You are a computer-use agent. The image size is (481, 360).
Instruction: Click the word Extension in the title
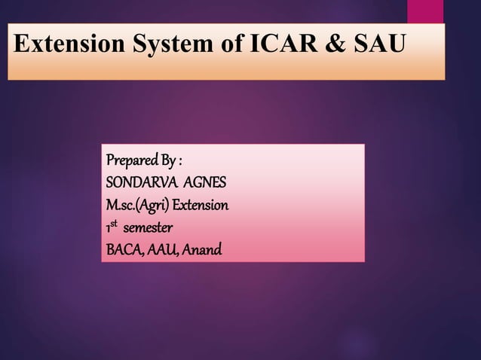pos(69,44)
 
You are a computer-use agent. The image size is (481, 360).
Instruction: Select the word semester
pos(148,227)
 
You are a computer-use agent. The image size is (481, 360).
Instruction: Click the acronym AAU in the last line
pos(164,248)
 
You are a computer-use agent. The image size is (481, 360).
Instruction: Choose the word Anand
pos(203,248)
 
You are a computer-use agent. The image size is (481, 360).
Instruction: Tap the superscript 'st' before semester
pos(115,224)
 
